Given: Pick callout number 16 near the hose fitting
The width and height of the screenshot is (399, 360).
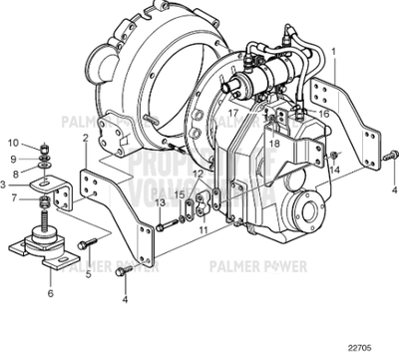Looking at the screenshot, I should click(323, 115).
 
